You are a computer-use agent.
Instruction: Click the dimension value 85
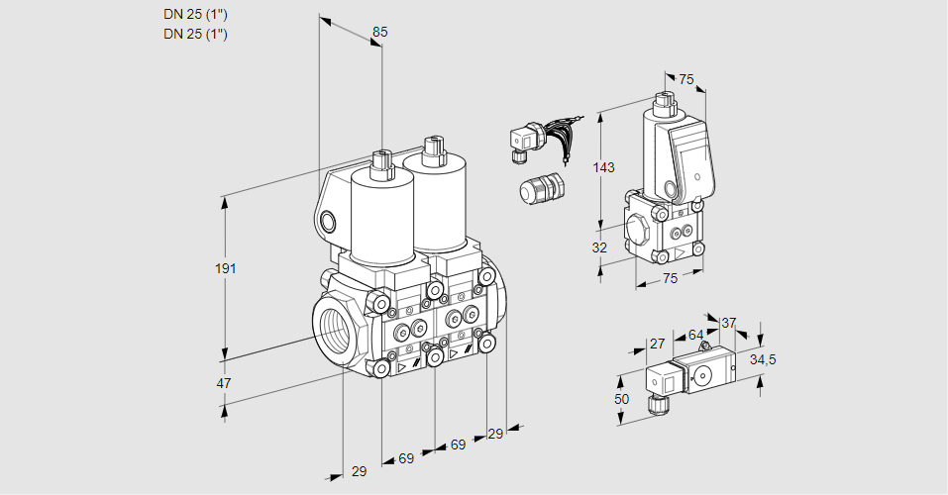pyautogui.click(x=379, y=33)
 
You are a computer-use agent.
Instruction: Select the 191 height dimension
pyautogui.click(x=228, y=269)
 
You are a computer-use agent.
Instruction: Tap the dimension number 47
pyautogui.click(x=224, y=383)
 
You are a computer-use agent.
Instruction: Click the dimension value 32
pyautogui.click(x=598, y=247)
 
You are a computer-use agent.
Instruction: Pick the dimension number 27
pyautogui.click(x=656, y=344)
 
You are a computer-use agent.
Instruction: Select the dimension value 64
pyautogui.click(x=695, y=336)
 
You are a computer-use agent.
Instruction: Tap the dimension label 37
pyautogui.click(x=728, y=323)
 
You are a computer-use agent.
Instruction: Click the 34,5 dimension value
pyautogui.click(x=762, y=359)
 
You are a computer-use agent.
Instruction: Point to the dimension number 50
pyautogui.click(x=621, y=398)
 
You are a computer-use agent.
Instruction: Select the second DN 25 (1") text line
pyautogui.click(x=195, y=34)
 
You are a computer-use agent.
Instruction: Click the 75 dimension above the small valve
pyautogui.click(x=686, y=80)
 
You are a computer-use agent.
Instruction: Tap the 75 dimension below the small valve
pyautogui.click(x=670, y=279)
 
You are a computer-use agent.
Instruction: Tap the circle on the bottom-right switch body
pyautogui.click(x=704, y=374)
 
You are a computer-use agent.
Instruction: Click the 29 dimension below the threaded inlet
pyautogui.click(x=359, y=471)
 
